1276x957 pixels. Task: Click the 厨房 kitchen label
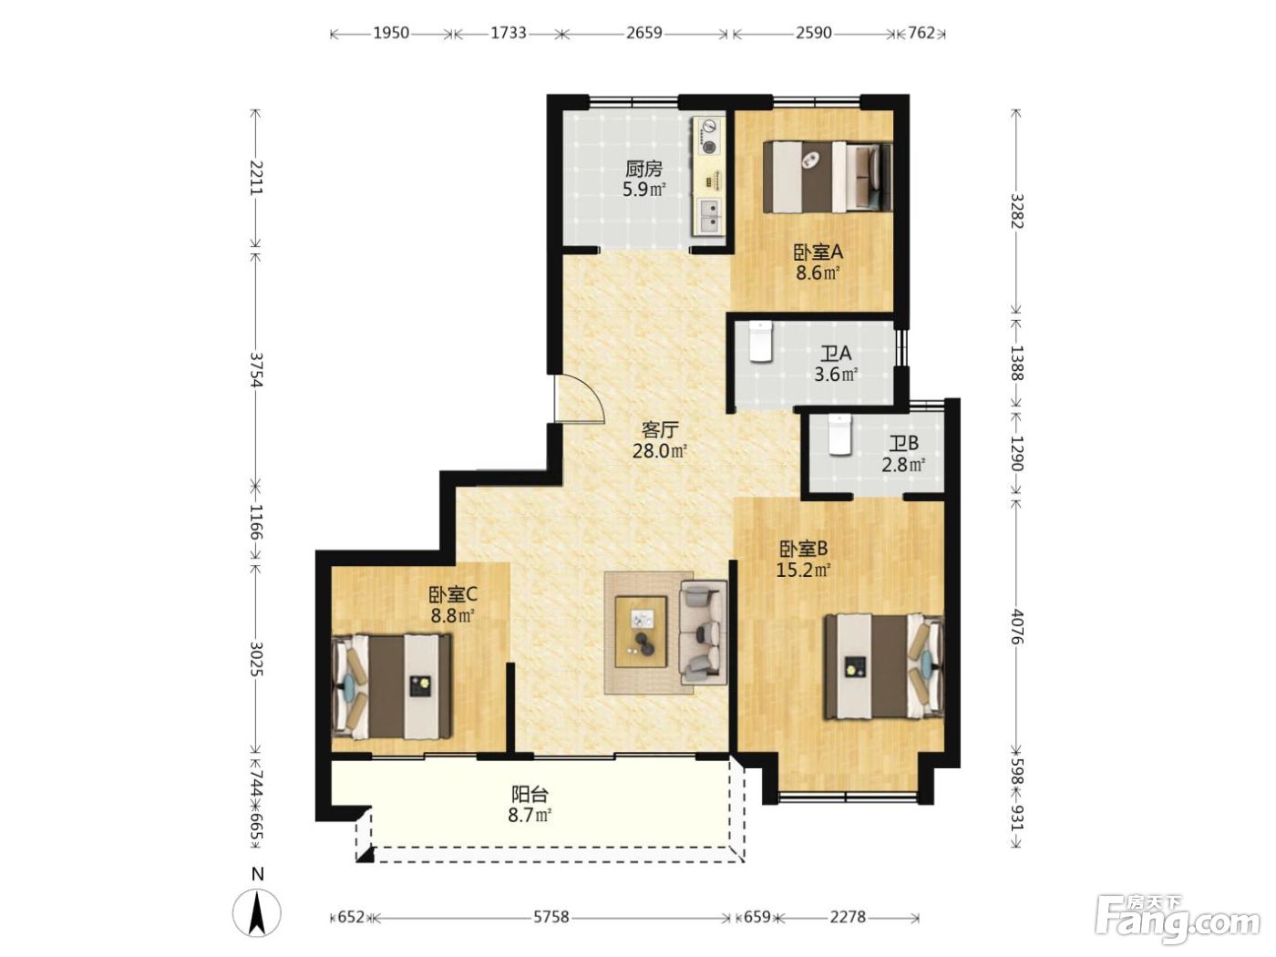click(x=643, y=170)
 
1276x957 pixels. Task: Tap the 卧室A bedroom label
click(x=818, y=252)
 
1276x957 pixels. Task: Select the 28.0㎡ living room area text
click(x=660, y=451)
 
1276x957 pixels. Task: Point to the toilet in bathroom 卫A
click(x=760, y=341)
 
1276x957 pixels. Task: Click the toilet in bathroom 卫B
click(x=839, y=434)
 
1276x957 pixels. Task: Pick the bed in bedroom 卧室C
click(x=391, y=687)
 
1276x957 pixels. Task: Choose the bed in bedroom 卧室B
click(x=883, y=666)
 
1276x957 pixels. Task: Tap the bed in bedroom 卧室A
click(x=828, y=177)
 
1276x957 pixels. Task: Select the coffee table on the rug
click(x=642, y=632)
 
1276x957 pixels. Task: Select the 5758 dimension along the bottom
click(x=551, y=917)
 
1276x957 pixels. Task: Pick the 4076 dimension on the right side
click(x=1015, y=626)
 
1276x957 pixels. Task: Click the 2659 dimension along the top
click(x=644, y=33)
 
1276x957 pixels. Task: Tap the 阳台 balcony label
click(x=530, y=794)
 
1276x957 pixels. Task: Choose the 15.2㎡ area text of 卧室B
click(x=803, y=570)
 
